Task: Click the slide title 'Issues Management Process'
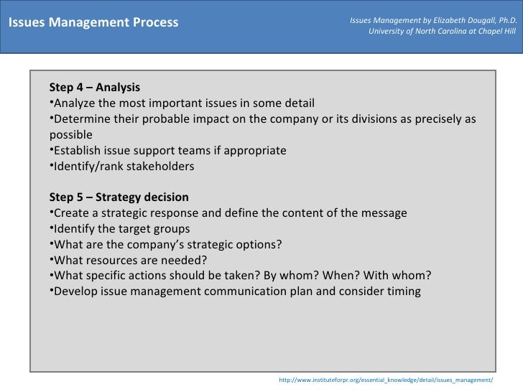(x=93, y=22)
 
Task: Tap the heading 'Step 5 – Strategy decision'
(x=119, y=197)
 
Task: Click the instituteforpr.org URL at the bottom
(x=386, y=379)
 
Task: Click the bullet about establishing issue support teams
(x=169, y=151)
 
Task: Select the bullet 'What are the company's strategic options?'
(x=167, y=245)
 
